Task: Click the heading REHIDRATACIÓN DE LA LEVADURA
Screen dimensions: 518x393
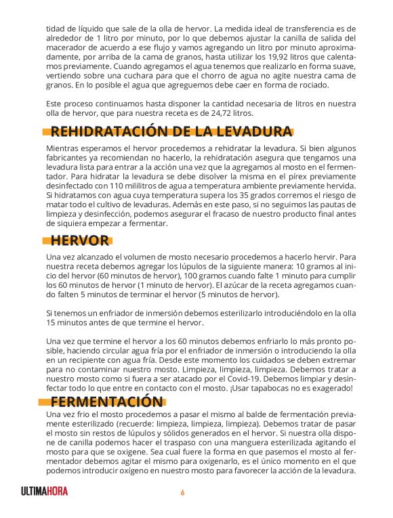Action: click(x=171, y=131)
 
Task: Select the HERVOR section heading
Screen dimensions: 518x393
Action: click(x=79, y=240)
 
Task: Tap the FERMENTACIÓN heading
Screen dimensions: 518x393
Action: click(x=106, y=402)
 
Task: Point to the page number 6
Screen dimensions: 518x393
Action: click(x=182, y=492)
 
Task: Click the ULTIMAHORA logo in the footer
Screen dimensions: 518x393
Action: click(x=44, y=492)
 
